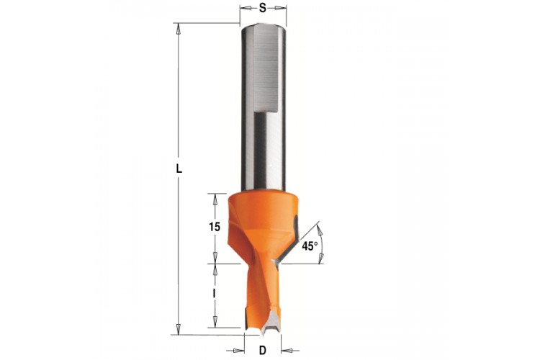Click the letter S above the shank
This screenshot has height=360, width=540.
click(x=263, y=8)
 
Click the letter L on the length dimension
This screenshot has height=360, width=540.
click(x=179, y=169)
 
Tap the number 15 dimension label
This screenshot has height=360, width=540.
click(x=215, y=227)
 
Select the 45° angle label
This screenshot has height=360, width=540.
click(x=310, y=246)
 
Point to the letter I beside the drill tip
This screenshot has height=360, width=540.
click(x=215, y=293)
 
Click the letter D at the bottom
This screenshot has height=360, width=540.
click(x=262, y=351)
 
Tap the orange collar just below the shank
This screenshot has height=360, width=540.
click(x=262, y=207)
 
